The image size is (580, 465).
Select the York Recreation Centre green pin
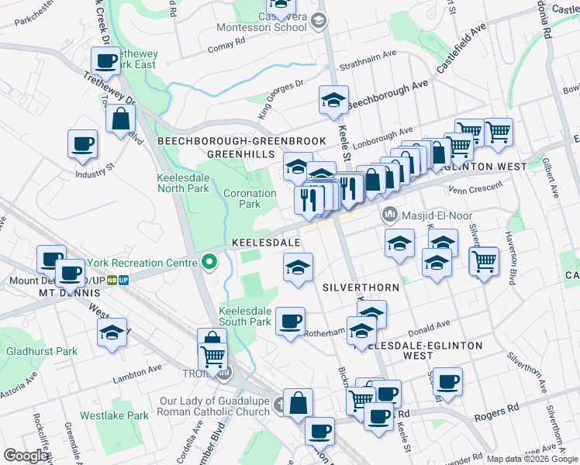pos(208,263)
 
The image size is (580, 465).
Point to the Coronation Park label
pos(249,198)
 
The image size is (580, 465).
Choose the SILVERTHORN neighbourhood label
pos(361,288)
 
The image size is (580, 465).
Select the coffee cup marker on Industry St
pos(83,144)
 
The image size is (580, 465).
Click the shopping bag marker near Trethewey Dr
pos(121,119)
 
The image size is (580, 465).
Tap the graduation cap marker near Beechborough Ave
pos(334,100)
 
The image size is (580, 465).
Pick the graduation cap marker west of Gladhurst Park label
pos(113,332)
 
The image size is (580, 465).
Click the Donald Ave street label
pos(433,325)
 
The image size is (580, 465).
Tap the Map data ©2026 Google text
pos(533,459)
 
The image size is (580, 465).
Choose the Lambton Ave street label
pos(140,370)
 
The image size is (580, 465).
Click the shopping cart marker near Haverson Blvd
pos(485,263)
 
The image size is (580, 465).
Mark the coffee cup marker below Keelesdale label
pos(291,322)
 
